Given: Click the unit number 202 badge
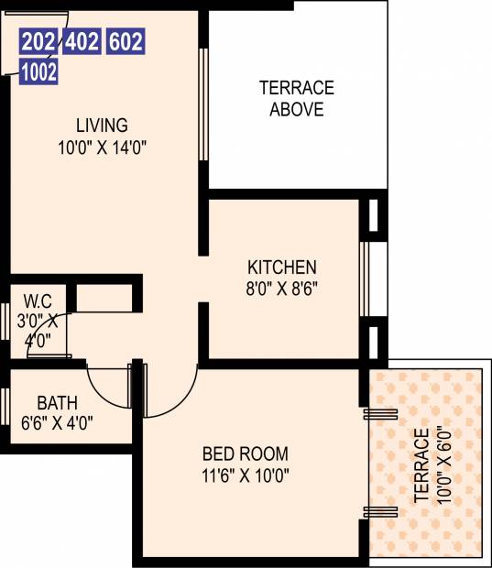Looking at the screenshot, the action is pos(38,41).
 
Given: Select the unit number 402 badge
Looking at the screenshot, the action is pos(82,41).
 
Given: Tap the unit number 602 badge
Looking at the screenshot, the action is pos(126,41).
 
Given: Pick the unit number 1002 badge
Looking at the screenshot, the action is pos(38,71).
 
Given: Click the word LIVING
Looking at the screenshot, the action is pos(102,126).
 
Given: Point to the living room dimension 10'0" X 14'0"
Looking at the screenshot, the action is pos(103,147).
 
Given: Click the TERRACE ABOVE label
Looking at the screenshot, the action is pos(297,99).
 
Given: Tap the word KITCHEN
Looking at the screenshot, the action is pos(282,268).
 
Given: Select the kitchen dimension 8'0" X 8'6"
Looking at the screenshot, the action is pos(282,289).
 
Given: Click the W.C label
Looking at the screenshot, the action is pos(38,301).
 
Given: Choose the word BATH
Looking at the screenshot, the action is pos(57,403).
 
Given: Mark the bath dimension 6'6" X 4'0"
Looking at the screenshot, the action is pos(57,422).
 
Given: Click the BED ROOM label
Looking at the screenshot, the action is pos(246,453).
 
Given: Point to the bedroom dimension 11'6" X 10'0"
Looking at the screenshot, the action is pos(246,475).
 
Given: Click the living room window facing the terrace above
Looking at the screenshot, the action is pos(203,104).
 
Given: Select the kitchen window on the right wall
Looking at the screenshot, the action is pos(364,279).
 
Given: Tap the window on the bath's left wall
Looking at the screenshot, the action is pos(5,407).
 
